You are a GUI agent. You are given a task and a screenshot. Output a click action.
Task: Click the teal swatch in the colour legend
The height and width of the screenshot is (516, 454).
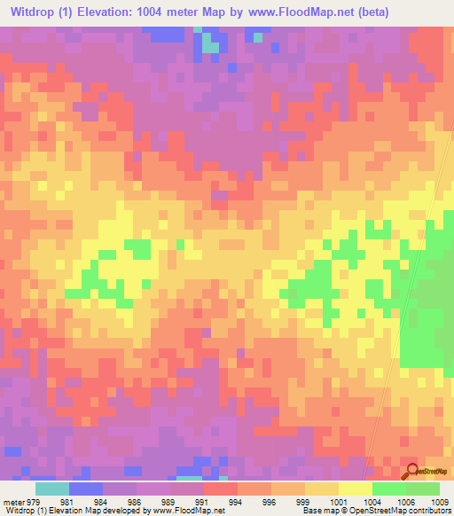(x=51, y=489)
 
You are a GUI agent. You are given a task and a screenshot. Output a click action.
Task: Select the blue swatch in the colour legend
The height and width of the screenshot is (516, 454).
(x=85, y=489)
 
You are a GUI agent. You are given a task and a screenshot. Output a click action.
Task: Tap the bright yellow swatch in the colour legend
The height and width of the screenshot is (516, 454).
(x=354, y=489)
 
